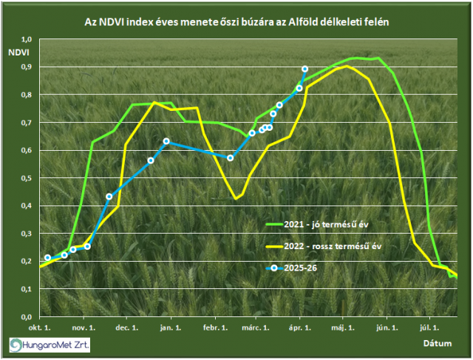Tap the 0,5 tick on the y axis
(27, 178)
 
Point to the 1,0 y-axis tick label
(27, 39)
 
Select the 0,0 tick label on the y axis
(27, 317)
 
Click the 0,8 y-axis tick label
(27, 95)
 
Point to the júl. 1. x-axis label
(430, 326)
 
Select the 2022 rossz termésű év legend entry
(325, 245)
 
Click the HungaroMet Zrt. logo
(50, 344)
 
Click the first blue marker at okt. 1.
(47, 258)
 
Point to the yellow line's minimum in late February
(236, 198)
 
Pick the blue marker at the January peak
(166, 141)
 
